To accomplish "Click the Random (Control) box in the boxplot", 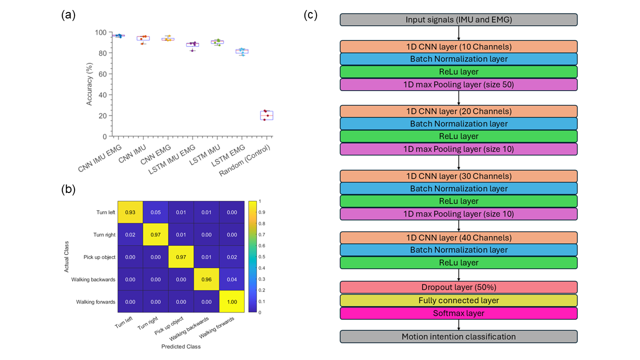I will (266, 115).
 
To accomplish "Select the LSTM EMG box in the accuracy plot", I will (242, 51).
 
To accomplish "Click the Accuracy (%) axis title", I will (89, 83).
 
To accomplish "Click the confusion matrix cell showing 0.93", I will (130, 212).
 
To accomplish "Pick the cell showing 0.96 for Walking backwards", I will (205, 279).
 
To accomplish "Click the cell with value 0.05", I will (155, 212).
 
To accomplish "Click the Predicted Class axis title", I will (180, 346).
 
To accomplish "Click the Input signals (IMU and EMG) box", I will (458, 20).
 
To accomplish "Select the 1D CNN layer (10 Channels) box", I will (458, 46).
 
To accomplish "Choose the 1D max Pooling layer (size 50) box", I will (458, 84).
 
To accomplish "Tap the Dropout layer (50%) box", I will (458, 287).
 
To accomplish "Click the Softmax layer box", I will (458, 313).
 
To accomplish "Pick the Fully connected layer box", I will (458, 300).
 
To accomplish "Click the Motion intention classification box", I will (458, 336).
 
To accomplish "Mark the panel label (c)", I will (310, 15).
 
